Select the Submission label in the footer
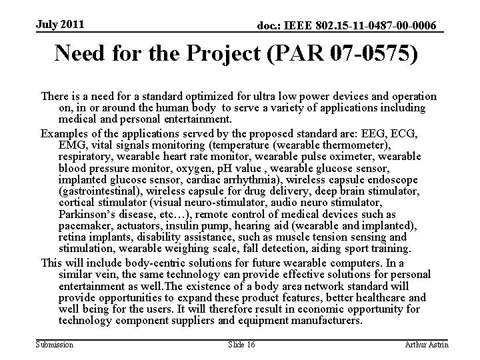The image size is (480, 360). (x=56, y=344)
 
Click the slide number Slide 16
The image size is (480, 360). (x=241, y=344)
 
